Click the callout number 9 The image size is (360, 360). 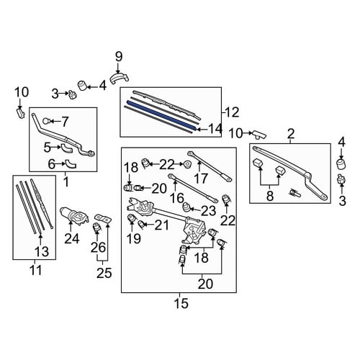(119, 57)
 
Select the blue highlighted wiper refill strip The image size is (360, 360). (161, 116)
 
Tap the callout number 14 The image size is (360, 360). (215, 129)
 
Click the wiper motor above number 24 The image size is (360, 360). (74, 215)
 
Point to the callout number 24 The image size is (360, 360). (71, 239)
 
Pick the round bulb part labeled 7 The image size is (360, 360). (46, 121)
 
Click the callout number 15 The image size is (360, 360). (181, 303)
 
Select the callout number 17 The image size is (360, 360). (201, 179)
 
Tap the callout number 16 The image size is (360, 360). (177, 198)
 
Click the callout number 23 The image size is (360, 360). (208, 211)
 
